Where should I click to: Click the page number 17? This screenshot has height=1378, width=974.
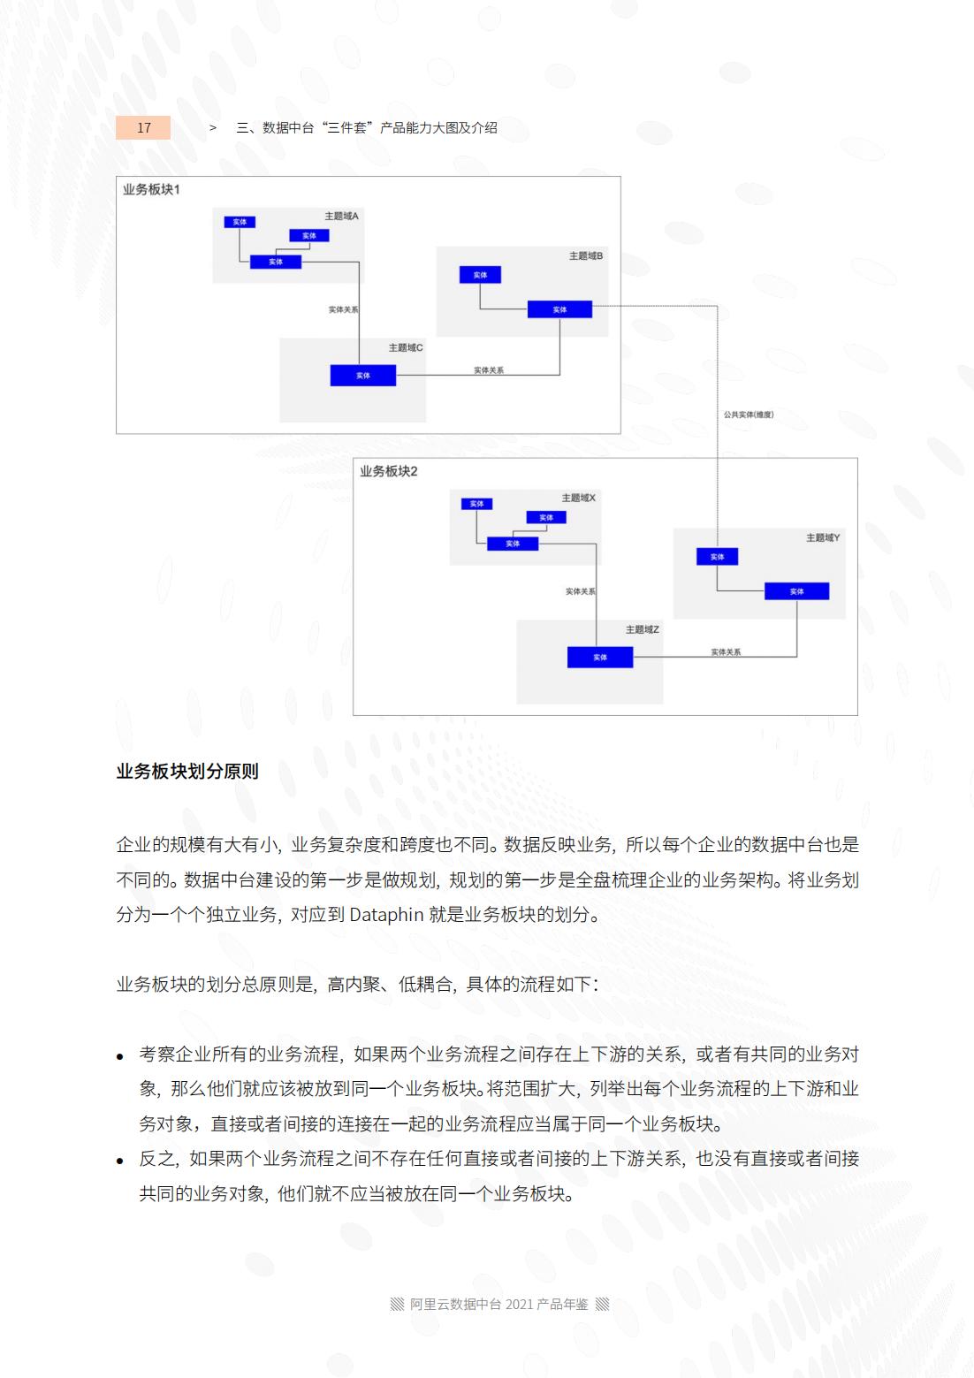143,128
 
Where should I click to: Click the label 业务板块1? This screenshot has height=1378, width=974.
151,190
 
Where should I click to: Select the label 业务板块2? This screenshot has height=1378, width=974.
388,472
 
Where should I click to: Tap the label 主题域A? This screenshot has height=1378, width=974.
341,217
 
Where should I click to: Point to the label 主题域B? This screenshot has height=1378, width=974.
585,256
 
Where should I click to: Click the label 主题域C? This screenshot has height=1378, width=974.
406,348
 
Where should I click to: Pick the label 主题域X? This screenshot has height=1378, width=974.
578,499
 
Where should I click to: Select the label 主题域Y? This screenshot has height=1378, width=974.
822,538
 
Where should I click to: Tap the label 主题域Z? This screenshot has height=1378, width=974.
642,630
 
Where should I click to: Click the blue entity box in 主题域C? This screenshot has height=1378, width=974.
363,376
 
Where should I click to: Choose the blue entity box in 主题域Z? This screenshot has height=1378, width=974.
600,658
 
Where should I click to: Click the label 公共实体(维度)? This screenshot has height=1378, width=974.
748,415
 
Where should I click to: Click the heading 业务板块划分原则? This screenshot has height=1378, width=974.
187,772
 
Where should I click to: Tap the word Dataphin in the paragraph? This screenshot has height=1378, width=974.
386,915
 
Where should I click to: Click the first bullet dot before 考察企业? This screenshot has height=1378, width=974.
121,1056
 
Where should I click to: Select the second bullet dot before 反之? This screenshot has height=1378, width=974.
121,1161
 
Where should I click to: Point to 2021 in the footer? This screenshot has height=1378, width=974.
519,1305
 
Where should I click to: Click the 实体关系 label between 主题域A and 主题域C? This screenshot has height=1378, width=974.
343,310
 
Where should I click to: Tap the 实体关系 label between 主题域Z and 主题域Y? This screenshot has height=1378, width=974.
726,652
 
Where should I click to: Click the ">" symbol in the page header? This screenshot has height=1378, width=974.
213,128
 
